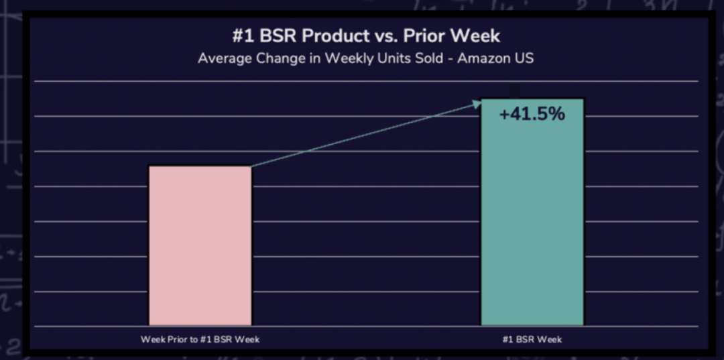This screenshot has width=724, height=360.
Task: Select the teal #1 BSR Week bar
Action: (x=532, y=221)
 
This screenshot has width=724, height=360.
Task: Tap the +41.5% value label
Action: (x=532, y=115)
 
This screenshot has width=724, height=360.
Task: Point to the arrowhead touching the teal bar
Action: (x=477, y=103)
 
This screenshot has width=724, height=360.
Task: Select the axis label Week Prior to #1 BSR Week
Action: (x=200, y=339)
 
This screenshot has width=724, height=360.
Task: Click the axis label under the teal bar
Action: (x=532, y=339)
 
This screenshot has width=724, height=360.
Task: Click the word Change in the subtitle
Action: (x=282, y=58)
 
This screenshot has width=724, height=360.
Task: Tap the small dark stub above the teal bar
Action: (x=515, y=91)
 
